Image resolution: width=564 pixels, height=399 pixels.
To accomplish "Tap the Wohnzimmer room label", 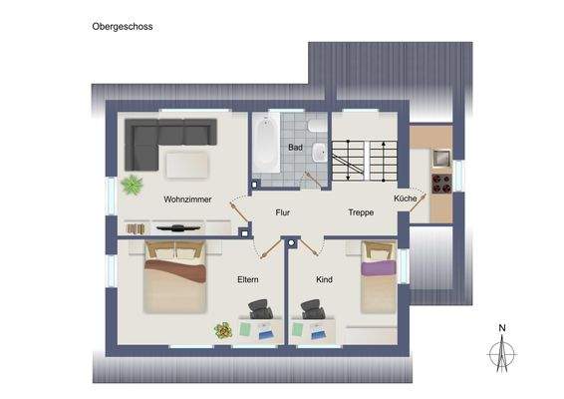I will pos(187,199).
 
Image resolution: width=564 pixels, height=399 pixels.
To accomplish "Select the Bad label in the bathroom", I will pos(295,148).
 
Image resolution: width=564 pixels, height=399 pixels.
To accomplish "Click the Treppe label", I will pos(360,212).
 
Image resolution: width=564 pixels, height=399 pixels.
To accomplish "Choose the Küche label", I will pos(406,199).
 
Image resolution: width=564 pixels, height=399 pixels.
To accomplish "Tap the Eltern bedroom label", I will pos(248,280).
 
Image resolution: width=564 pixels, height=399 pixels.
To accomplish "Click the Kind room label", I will pos(324,280).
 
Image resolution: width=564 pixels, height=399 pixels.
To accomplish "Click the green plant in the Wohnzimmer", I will pos(132,184).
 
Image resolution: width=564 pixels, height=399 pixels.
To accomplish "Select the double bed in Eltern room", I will pos(176,278).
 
